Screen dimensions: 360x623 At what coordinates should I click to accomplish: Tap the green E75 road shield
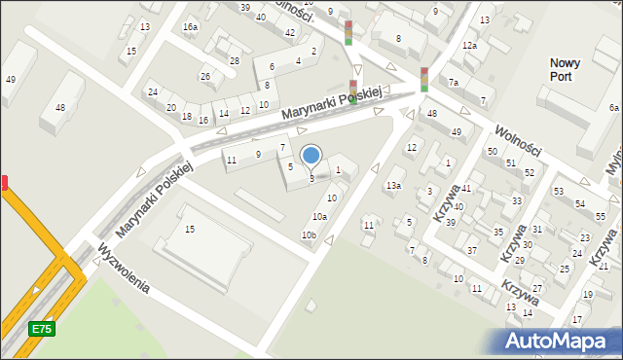[x=41, y=329]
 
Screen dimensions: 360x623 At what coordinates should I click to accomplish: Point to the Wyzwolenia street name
[x=122, y=270]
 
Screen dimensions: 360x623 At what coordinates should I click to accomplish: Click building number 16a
[x=190, y=26]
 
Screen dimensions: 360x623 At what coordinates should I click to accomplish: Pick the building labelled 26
[x=205, y=76]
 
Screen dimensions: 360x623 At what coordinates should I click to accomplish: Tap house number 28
[x=234, y=60]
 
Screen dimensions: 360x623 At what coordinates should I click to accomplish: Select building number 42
[x=290, y=33]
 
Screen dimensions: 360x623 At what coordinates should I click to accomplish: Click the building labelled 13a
[x=393, y=185]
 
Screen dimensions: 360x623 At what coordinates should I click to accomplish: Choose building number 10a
[x=319, y=216]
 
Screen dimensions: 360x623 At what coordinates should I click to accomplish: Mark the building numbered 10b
[x=309, y=235]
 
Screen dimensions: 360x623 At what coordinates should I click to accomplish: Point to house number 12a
[x=469, y=46]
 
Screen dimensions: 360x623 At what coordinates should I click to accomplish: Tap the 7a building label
[x=454, y=83]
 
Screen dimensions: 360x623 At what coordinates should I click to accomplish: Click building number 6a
[x=613, y=107]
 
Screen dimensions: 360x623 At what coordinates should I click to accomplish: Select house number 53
[x=559, y=191]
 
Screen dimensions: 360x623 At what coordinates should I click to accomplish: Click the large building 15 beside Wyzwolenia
[x=190, y=229]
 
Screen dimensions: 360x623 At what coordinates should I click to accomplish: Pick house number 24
[x=153, y=92]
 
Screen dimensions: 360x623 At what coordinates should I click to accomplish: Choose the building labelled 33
[x=517, y=201]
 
